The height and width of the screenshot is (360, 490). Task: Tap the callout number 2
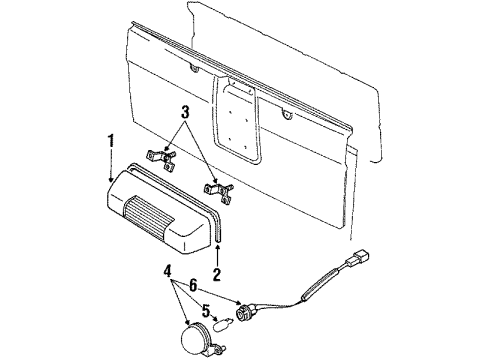click(216, 272)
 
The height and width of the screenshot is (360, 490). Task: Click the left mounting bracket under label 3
click(159, 158)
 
